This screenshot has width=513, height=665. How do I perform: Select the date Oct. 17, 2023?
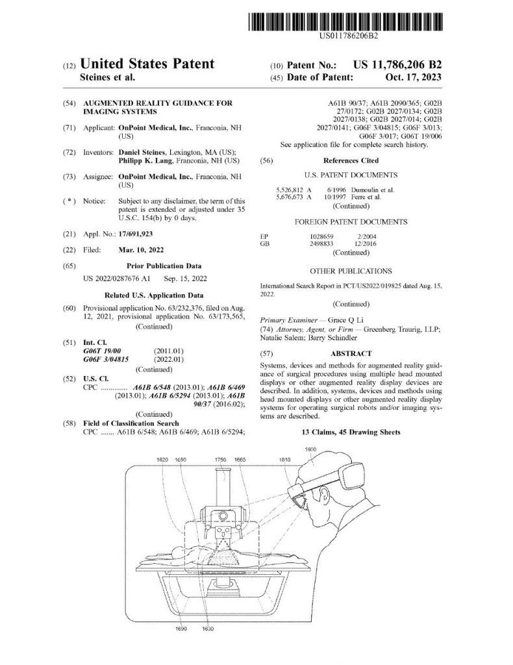pos(412,77)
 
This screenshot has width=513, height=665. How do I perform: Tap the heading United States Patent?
pos(147,64)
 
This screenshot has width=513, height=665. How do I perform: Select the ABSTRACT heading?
pos(351,354)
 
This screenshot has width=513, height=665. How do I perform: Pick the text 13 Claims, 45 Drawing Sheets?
pos(351,432)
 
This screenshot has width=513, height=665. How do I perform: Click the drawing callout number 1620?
pos(163,459)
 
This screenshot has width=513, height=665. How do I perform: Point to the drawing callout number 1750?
pos(221,459)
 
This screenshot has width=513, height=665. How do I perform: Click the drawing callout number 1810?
pos(284,459)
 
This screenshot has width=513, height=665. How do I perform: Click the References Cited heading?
pos(351,160)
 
